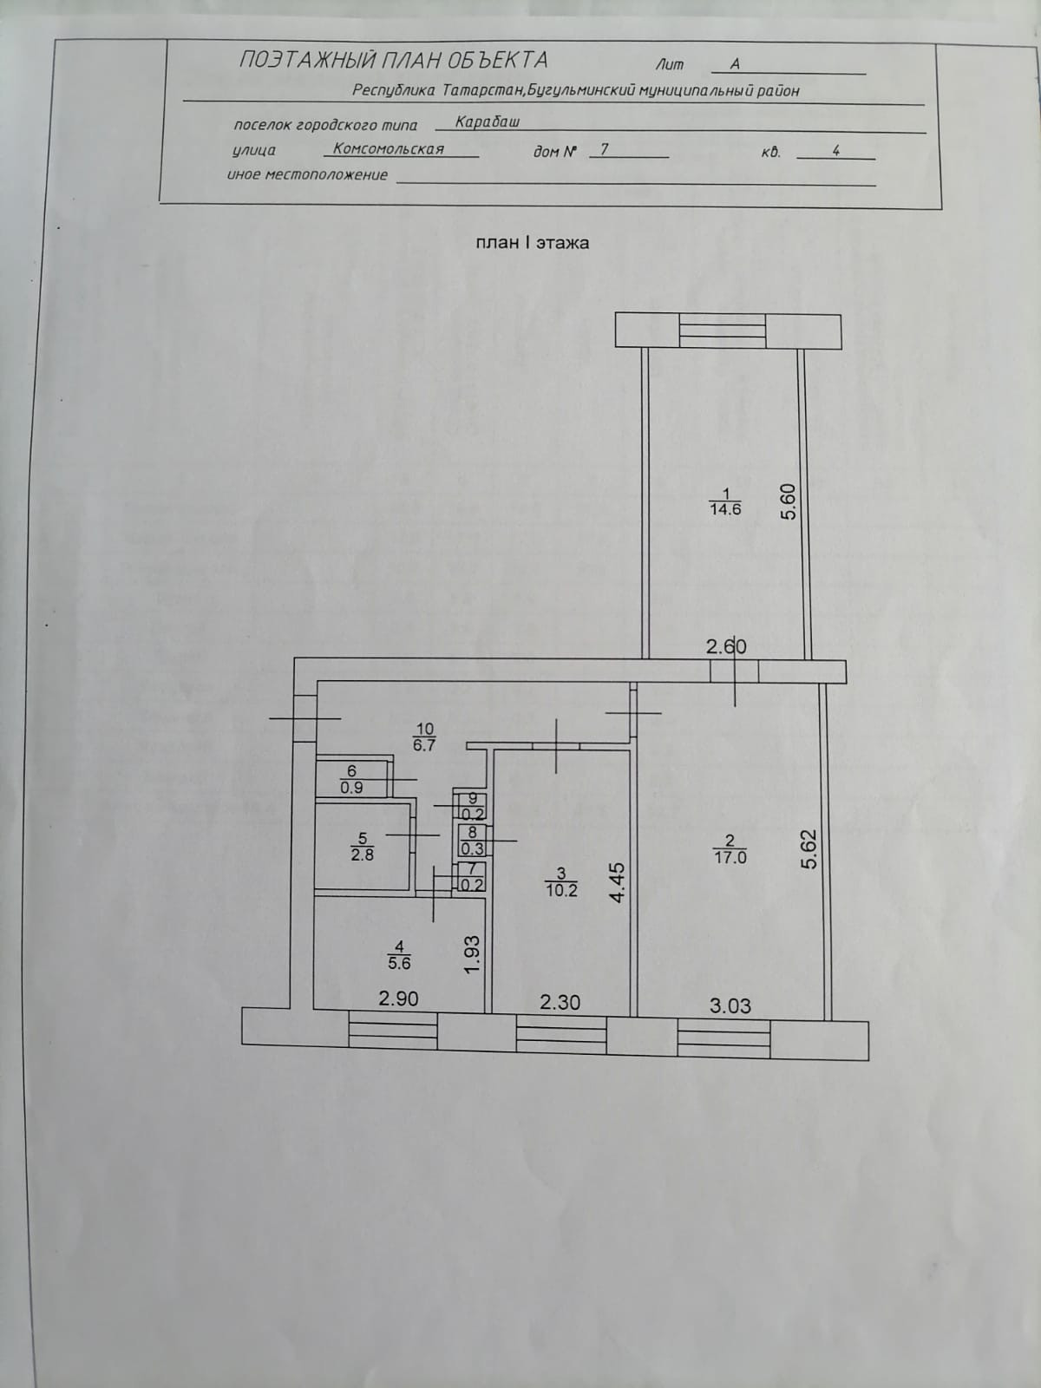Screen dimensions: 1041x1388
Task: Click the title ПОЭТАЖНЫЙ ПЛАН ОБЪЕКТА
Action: coord(393,60)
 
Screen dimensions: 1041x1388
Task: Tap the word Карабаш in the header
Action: coord(488,122)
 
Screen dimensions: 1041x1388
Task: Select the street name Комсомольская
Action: coord(389,149)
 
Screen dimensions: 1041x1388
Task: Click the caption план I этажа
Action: coord(532,243)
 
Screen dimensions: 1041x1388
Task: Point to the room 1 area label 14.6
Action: coord(725,510)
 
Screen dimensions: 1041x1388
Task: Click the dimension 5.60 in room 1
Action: coord(788,501)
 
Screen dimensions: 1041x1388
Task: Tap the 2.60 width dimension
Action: coord(725,646)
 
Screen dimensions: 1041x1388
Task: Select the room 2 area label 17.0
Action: coord(730,857)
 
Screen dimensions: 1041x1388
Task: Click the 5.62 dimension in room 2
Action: coord(809,850)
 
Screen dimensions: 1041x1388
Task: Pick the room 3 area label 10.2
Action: coord(561,889)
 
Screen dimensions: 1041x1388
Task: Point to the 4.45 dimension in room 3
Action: coord(618,882)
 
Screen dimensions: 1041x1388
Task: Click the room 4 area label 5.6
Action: coord(399,963)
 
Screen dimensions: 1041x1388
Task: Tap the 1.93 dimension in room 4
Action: coord(472,953)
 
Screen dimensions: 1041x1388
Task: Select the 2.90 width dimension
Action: coord(398,999)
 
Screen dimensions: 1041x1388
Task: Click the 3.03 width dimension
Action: coord(730,1006)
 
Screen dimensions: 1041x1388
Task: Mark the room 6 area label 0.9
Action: coord(351,789)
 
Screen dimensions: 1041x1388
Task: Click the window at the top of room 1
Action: coord(722,331)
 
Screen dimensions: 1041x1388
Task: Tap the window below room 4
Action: coord(392,1031)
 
